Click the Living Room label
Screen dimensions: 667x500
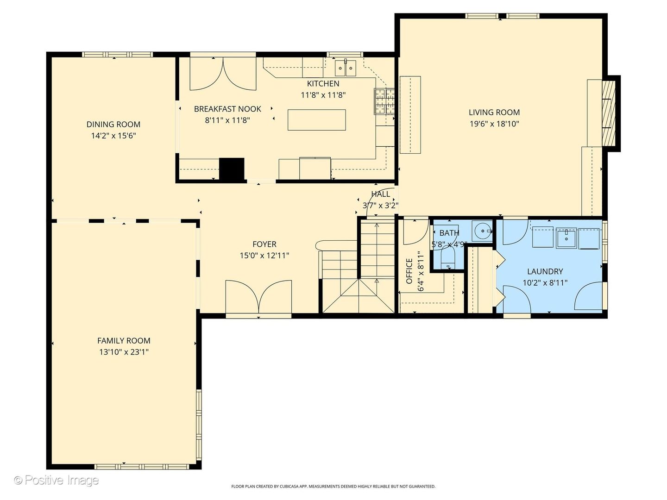pyautogui.click(x=494, y=112)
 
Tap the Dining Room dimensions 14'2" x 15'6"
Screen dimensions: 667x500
pyautogui.click(x=113, y=136)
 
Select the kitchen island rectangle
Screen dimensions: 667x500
pyautogui.click(x=317, y=120)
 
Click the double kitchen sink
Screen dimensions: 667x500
pyautogui.click(x=346, y=68)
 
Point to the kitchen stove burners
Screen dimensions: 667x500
pyautogui.click(x=384, y=101)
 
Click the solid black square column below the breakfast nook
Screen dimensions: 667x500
pyautogui.click(x=232, y=170)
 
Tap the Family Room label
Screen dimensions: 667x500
pyautogui.click(x=124, y=341)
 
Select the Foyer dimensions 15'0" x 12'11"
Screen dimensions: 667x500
pyautogui.click(x=264, y=256)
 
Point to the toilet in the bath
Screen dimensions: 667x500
pyautogui.click(x=447, y=257)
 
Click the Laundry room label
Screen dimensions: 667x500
pyautogui.click(x=545, y=271)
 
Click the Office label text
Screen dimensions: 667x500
pyautogui.click(x=409, y=271)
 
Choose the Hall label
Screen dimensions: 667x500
pyautogui.click(x=380, y=194)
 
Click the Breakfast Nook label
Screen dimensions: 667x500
pyautogui.click(x=227, y=109)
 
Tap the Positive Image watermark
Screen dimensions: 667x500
pyautogui.click(x=57, y=480)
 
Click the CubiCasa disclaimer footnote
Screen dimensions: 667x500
pyautogui.click(x=333, y=486)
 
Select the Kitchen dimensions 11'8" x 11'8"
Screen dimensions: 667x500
pyautogui.click(x=323, y=95)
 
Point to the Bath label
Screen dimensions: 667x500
pyautogui.click(x=449, y=233)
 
